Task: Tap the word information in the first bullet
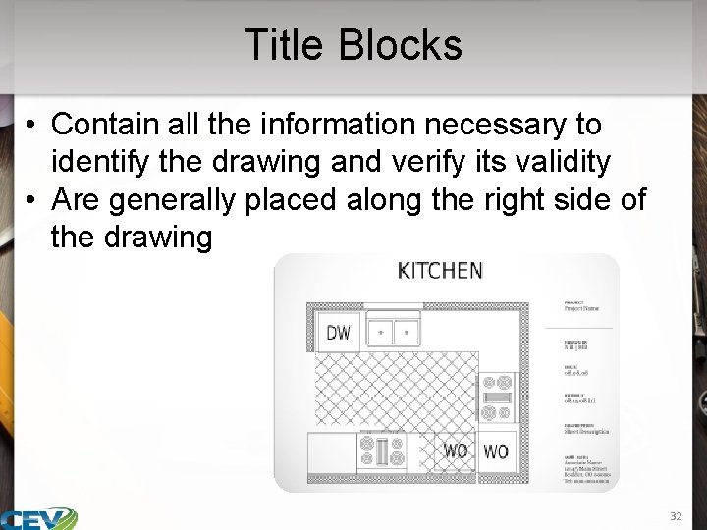[x=322, y=125]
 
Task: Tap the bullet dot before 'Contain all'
[x=33, y=125]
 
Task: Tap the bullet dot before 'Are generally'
[x=33, y=199]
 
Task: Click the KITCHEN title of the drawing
[x=440, y=270]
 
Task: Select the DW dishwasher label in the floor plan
[x=338, y=333]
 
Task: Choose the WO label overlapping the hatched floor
[x=456, y=450]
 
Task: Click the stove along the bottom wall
[x=382, y=450]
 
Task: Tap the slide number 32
[x=675, y=516]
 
